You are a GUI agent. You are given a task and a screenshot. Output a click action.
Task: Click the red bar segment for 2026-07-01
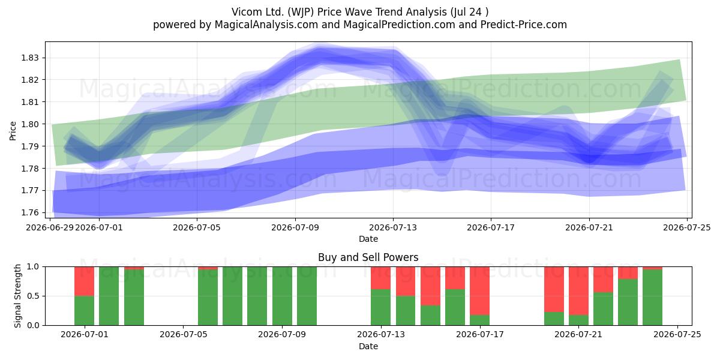click(84, 281)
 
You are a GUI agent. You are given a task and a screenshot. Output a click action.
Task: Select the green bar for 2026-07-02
click(109, 296)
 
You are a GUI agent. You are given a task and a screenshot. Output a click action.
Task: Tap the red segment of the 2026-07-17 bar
click(479, 291)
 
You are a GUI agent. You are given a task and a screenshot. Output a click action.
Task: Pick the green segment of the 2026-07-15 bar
click(430, 316)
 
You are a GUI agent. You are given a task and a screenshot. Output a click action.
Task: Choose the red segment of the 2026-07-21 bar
click(578, 291)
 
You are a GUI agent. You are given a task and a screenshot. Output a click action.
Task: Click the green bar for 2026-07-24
click(653, 298)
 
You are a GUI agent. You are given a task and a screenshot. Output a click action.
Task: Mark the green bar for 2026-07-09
click(282, 296)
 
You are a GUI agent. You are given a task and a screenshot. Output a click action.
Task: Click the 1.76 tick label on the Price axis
click(30, 212)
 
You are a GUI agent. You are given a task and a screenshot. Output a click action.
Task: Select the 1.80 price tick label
click(30, 124)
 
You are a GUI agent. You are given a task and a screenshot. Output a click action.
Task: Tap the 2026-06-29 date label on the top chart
click(50, 227)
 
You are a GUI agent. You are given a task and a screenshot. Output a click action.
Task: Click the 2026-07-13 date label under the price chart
click(393, 227)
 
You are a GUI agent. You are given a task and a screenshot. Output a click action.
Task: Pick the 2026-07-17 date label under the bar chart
click(480, 334)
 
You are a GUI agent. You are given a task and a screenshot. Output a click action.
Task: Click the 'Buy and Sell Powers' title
click(368, 257)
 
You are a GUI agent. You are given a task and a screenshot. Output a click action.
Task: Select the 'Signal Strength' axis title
click(17, 296)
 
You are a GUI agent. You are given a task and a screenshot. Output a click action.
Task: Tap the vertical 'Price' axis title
click(13, 131)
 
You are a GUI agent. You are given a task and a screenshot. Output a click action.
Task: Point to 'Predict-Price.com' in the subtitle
click(524, 25)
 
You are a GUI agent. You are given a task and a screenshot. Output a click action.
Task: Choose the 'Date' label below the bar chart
click(368, 346)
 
